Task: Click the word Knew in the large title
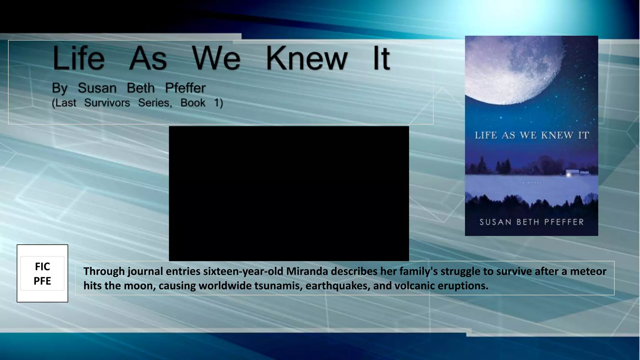(x=306, y=59)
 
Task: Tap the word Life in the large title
(x=78, y=59)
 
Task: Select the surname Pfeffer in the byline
(x=185, y=88)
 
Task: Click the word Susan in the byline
(x=97, y=88)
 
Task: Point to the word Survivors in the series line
(x=107, y=103)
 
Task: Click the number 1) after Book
(x=218, y=103)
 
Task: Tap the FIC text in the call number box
(x=42, y=267)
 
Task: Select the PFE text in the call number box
(x=42, y=281)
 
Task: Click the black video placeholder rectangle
(x=289, y=193)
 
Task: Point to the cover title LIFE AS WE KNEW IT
(x=532, y=135)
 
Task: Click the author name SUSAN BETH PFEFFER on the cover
(x=532, y=222)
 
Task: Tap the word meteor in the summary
(x=588, y=271)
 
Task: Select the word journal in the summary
(x=145, y=271)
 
